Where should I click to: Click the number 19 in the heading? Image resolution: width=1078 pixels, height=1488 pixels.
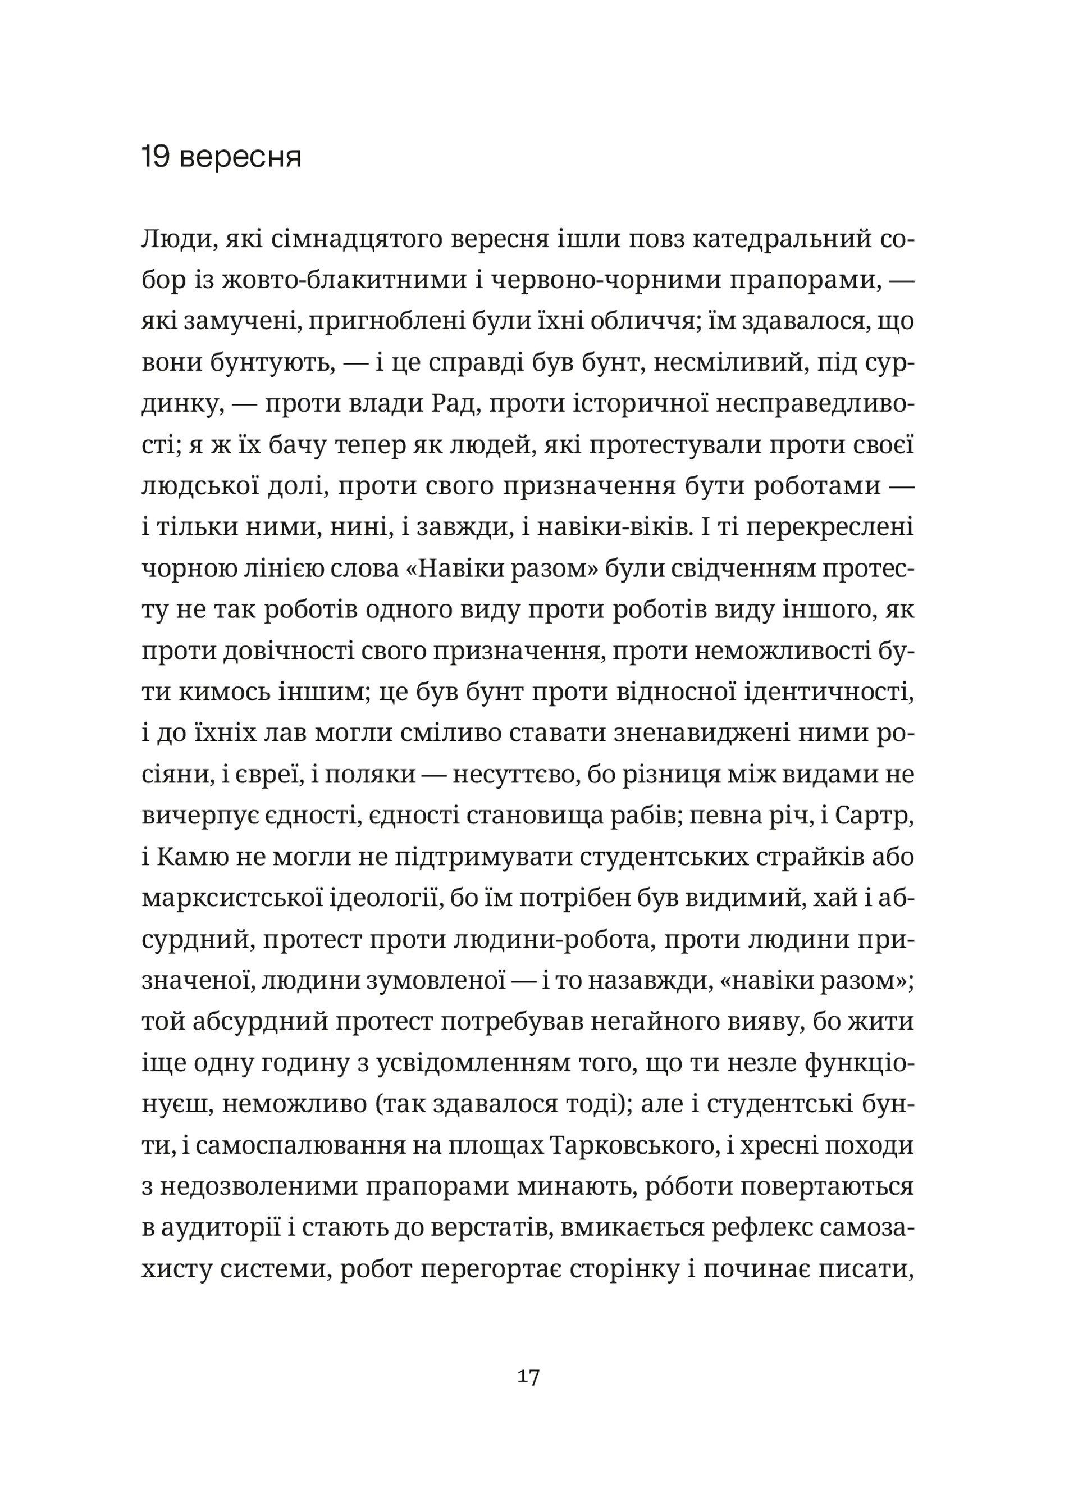point(156,158)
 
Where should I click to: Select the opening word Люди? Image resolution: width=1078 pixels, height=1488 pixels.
point(175,241)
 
